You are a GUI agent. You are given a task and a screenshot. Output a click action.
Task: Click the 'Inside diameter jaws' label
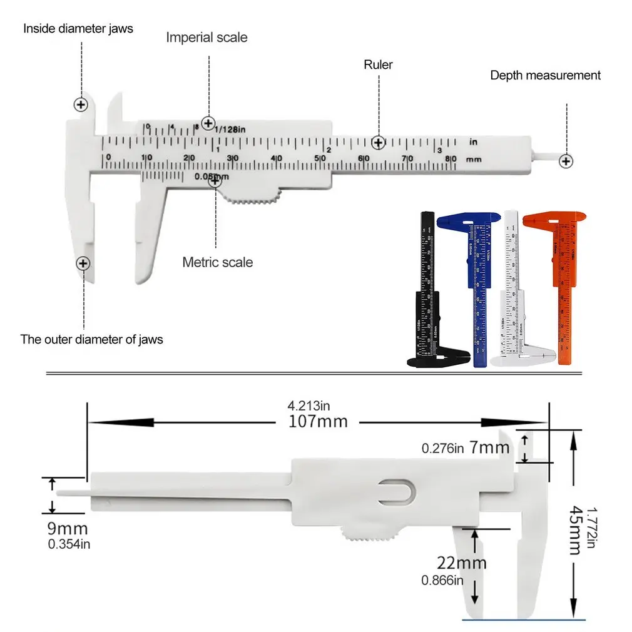78,28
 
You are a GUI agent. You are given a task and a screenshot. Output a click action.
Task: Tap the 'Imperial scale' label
206,38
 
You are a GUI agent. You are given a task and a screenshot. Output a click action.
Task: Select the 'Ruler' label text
378,64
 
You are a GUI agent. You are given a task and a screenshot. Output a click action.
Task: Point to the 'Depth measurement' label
545,75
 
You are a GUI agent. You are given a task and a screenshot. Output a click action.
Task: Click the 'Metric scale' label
218,262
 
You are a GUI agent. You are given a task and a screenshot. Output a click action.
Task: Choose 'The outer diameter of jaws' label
91,340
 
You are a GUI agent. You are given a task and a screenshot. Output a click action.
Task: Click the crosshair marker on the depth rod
566,161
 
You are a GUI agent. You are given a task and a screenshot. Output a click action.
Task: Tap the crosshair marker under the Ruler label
377,143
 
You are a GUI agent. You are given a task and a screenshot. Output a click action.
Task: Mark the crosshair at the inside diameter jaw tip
81,104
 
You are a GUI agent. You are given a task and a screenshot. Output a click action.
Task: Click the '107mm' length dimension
318,421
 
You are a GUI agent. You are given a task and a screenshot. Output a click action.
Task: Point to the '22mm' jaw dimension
462,563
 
